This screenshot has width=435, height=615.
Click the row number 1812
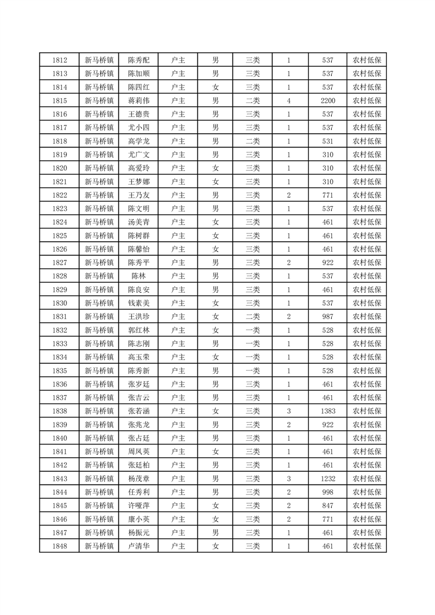click(x=59, y=60)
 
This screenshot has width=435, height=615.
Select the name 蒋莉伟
click(x=138, y=101)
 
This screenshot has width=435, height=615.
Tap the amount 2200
click(x=328, y=101)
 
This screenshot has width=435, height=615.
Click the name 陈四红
click(x=138, y=87)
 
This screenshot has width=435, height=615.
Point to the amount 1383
click(x=328, y=411)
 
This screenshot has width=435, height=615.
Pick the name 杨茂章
click(x=138, y=479)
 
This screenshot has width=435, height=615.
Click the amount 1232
click(x=328, y=479)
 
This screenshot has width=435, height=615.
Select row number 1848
click(x=59, y=546)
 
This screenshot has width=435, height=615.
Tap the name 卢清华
click(x=138, y=546)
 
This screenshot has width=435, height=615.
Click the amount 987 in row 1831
click(x=328, y=317)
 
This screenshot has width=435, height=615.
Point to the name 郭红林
click(x=138, y=330)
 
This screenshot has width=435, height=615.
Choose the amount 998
click(x=328, y=492)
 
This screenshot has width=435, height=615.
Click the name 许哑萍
click(x=138, y=505)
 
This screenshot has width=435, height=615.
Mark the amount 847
click(x=328, y=505)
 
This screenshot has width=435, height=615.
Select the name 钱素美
click(x=138, y=303)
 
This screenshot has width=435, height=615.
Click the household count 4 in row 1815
click(x=289, y=101)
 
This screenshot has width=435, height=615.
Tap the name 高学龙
click(x=138, y=141)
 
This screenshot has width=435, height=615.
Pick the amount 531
click(x=328, y=141)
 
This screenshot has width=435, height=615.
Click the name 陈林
click(x=138, y=276)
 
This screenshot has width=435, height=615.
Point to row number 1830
click(x=59, y=303)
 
